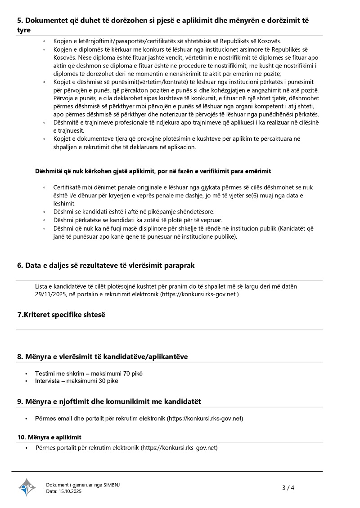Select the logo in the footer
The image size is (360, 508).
click(27, 487)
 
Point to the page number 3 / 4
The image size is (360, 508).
click(288, 487)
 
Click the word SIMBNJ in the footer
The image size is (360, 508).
click(112, 485)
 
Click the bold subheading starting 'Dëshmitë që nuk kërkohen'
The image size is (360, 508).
click(153, 171)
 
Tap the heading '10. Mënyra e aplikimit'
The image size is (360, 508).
click(49, 437)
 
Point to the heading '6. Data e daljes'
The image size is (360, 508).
click(106, 265)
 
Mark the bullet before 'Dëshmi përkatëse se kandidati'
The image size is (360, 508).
click(44, 220)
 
